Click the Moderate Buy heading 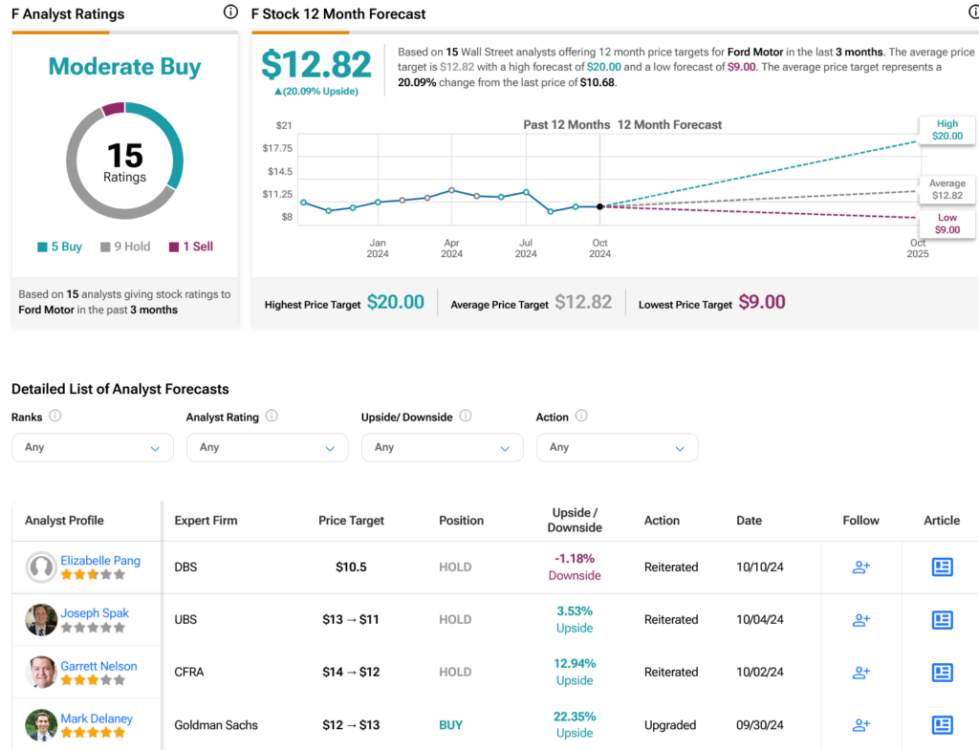tap(124, 67)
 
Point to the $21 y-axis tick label tap(284, 125)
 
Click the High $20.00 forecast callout tap(946, 130)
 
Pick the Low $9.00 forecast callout tap(946, 224)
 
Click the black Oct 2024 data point tap(599, 206)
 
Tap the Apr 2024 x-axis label tap(451, 248)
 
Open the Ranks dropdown tap(93, 447)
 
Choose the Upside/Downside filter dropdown tap(442, 447)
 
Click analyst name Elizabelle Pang tap(100, 561)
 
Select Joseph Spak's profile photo tap(41, 620)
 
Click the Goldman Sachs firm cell tap(216, 725)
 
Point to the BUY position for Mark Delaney tap(450, 725)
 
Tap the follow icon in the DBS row tap(860, 568)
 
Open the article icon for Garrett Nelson tap(942, 673)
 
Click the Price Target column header tap(351, 521)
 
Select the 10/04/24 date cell tap(760, 620)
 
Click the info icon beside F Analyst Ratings tap(230, 12)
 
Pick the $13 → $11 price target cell tap(351, 620)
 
